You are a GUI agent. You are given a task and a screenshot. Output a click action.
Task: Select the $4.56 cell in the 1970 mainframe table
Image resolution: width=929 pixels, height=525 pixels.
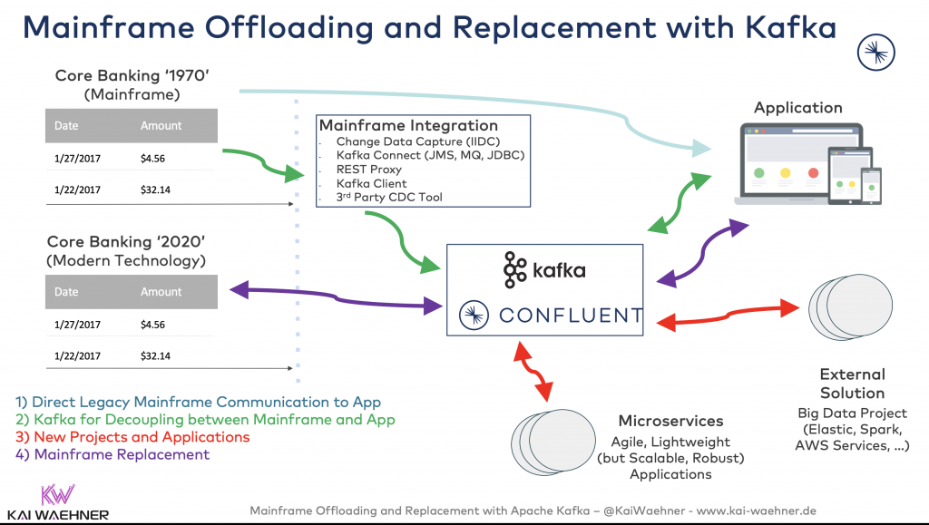(x=152, y=159)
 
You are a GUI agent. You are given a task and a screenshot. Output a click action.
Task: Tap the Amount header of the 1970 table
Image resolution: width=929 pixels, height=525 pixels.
(x=161, y=126)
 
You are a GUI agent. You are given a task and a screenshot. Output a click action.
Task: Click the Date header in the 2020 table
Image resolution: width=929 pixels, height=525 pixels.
(x=66, y=292)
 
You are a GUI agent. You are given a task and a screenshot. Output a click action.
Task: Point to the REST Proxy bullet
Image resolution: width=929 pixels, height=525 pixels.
(x=368, y=170)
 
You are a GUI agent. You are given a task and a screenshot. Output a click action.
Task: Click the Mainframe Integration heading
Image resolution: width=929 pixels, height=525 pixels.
(x=408, y=125)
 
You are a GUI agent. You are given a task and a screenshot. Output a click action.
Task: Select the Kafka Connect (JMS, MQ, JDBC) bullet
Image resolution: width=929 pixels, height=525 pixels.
(x=430, y=156)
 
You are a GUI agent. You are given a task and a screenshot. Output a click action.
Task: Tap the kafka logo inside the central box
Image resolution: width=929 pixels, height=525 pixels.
(x=544, y=269)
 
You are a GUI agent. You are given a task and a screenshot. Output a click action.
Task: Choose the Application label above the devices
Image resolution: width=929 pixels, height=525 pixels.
(x=798, y=107)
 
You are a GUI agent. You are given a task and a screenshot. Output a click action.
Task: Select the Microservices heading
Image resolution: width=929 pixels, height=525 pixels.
(x=670, y=421)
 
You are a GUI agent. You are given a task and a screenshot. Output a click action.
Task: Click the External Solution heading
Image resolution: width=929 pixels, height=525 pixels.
(x=852, y=384)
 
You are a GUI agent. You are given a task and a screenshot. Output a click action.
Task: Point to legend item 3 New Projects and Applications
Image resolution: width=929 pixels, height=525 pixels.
(x=132, y=437)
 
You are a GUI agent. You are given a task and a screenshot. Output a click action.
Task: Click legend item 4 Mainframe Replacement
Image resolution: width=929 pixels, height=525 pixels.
(x=112, y=454)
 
